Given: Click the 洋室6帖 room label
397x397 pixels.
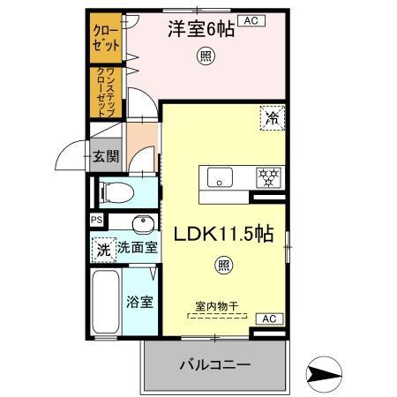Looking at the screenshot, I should [x=201, y=29].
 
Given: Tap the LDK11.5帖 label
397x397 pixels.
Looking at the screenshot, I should [x=228, y=236].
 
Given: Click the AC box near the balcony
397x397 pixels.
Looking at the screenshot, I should [x=267, y=318].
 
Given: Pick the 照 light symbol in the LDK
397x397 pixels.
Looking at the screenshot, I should [x=226, y=265].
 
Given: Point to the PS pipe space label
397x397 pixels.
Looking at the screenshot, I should [x=96, y=221].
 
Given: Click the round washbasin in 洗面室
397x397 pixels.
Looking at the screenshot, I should [x=142, y=222].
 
